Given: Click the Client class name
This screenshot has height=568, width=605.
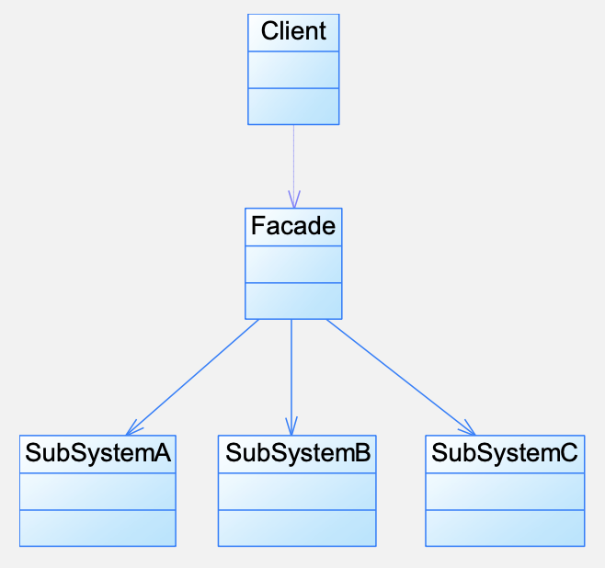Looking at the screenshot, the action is click(x=293, y=31).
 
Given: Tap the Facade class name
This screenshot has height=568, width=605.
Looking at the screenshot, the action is click(x=293, y=225).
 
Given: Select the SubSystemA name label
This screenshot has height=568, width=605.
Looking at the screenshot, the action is click(x=97, y=452).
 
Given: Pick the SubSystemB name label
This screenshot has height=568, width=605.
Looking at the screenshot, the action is click(x=298, y=452).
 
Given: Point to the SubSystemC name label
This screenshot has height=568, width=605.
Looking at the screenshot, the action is click(x=505, y=452).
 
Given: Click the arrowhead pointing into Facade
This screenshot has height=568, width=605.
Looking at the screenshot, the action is click(x=294, y=199).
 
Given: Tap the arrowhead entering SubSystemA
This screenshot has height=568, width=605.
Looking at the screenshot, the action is click(x=133, y=427).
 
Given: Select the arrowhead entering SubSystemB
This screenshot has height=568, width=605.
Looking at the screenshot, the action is click(x=291, y=426).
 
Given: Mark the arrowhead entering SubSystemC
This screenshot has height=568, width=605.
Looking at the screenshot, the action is click(x=467, y=427).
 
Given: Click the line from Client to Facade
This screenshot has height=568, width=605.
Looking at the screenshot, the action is click(x=293, y=166).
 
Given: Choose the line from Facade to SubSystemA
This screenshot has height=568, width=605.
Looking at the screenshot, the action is click(x=192, y=378).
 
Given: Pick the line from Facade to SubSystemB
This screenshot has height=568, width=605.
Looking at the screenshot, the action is click(x=291, y=378).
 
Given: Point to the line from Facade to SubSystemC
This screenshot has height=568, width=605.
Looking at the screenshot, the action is click(x=401, y=378).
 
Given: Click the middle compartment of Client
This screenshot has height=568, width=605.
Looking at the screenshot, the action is click(x=293, y=70).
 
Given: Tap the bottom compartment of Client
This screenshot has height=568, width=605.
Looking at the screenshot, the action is click(x=293, y=107).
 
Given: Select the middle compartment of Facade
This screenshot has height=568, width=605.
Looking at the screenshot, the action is click(x=293, y=265).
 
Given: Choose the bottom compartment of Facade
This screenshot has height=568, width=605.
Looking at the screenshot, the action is click(x=293, y=301).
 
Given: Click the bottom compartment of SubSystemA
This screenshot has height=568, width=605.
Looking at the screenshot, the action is click(x=97, y=528).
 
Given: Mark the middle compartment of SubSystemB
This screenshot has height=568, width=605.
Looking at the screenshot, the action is click(x=297, y=492).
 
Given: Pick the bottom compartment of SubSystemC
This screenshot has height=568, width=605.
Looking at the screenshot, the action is click(x=505, y=528).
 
